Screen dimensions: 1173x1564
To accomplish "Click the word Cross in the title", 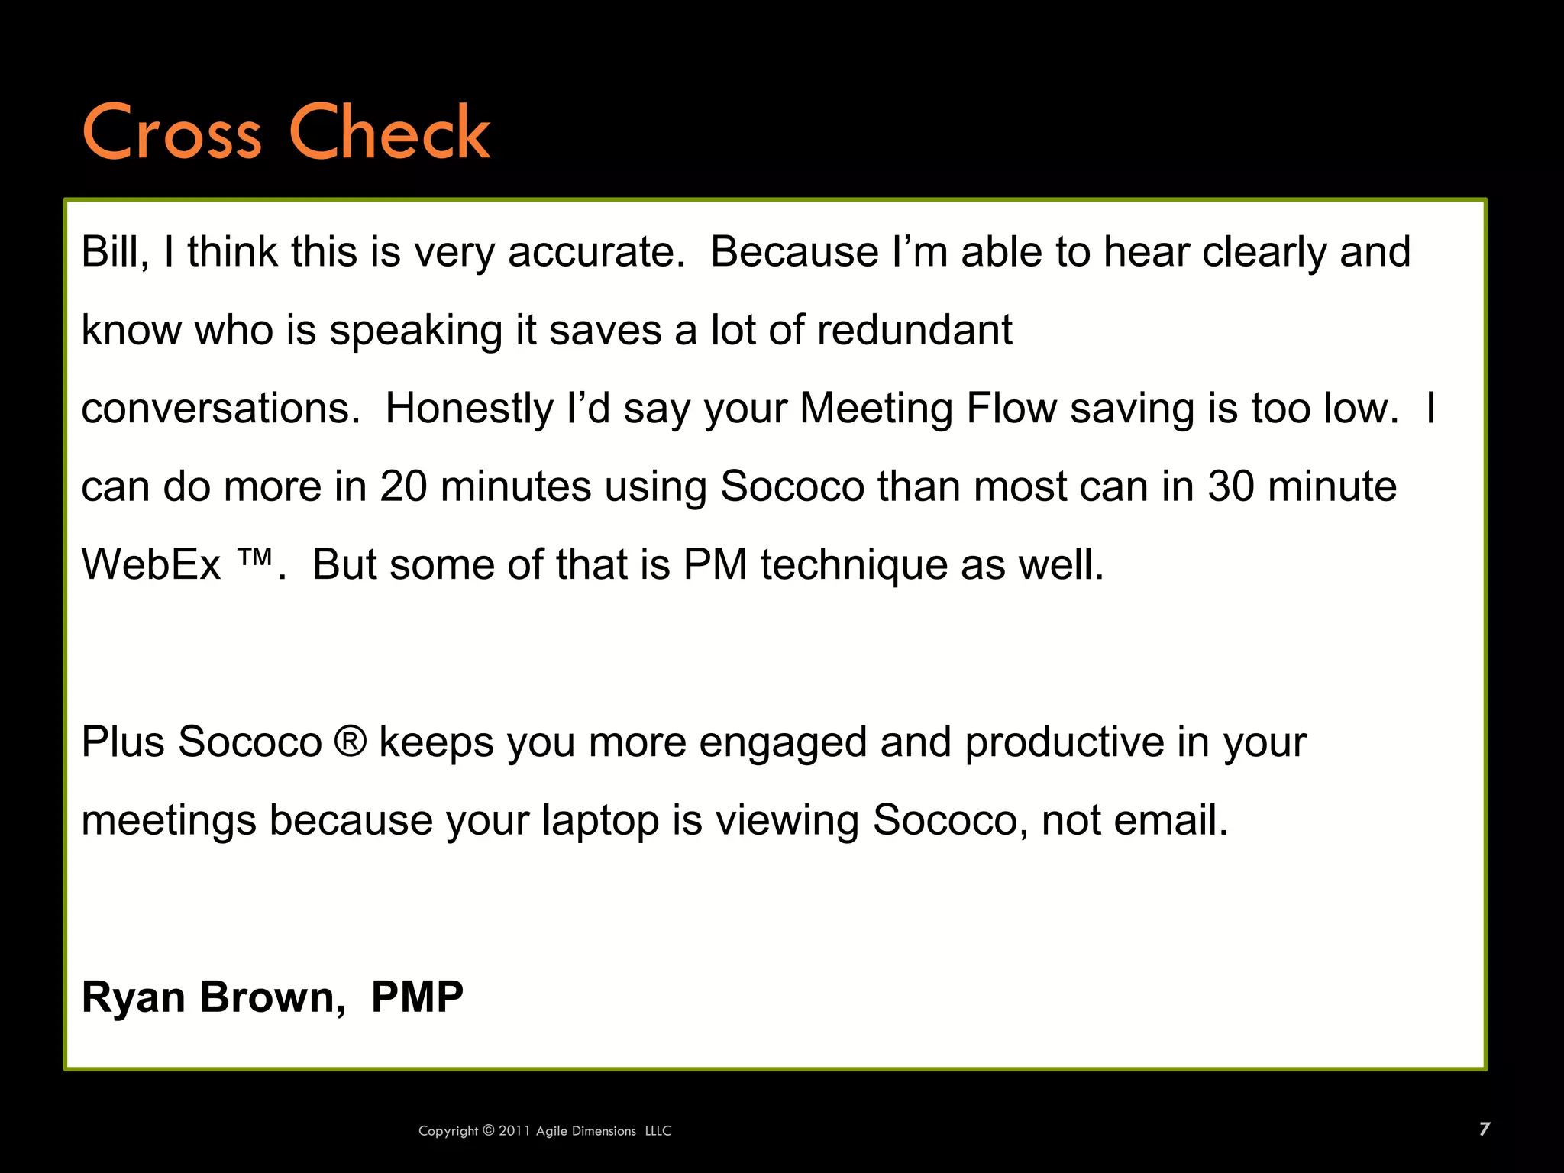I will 171,133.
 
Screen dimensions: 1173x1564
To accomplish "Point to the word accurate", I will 596,253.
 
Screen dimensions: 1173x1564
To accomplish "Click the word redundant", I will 914,330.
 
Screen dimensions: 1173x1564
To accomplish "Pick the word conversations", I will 220,409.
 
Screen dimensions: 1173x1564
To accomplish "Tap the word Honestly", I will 469,409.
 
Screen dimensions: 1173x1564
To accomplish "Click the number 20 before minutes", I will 403,486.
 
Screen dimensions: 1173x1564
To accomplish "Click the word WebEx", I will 150,565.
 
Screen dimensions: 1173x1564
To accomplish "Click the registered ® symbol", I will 351,742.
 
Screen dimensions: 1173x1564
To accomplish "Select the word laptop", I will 600,821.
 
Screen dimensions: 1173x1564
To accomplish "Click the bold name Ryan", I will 134,997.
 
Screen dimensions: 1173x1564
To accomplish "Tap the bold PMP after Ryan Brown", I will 417,997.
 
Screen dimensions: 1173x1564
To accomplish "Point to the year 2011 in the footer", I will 515,1131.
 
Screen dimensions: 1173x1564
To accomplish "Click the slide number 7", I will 1484,1129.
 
